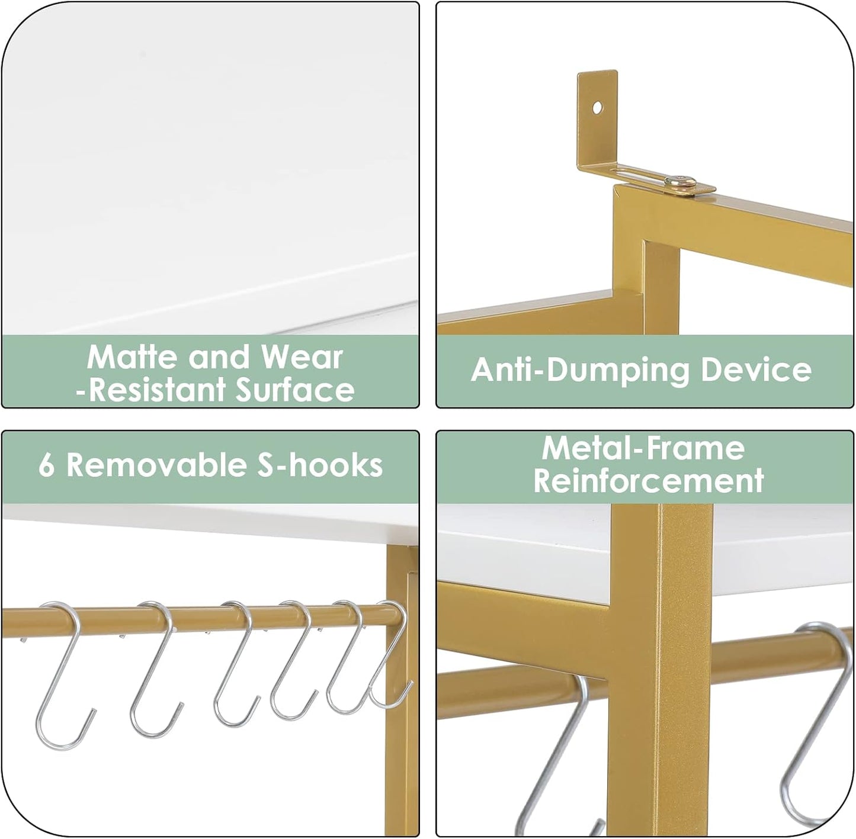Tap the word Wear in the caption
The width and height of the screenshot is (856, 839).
click(302, 357)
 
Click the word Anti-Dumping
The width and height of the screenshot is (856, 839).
click(580, 370)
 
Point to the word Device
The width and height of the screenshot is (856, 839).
click(756, 370)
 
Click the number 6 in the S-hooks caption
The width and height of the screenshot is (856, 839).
click(47, 466)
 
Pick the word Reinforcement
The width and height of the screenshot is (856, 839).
click(648, 481)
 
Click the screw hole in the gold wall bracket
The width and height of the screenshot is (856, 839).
click(597, 108)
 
